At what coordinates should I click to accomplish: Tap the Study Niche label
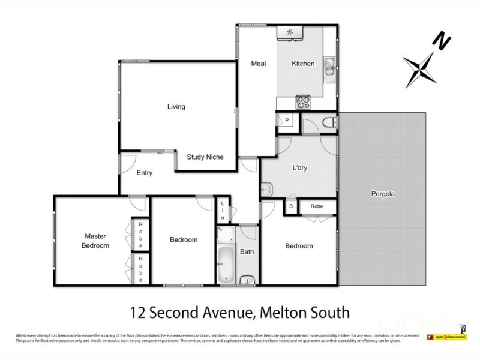tap(205, 157)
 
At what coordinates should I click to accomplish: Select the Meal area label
tap(258, 64)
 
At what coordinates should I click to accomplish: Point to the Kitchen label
tap(303, 64)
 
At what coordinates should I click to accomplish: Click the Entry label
tap(145, 173)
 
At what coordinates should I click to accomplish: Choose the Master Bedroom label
tap(97, 241)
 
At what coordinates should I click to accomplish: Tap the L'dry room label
tap(299, 168)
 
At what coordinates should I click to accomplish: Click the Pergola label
tap(383, 194)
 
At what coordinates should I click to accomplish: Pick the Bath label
tap(247, 252)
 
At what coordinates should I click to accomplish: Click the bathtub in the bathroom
tap(226, 265)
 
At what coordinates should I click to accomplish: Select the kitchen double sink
tap(329, 67)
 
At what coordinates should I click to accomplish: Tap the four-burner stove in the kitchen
tap(304, 102)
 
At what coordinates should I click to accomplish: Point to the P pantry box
tap(287, 121)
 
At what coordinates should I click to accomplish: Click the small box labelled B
tap(291, 206)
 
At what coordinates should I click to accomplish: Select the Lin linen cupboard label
tap(222, 210)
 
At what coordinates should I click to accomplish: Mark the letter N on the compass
tap(443, 41)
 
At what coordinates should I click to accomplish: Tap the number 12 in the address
tap(139, 313)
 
